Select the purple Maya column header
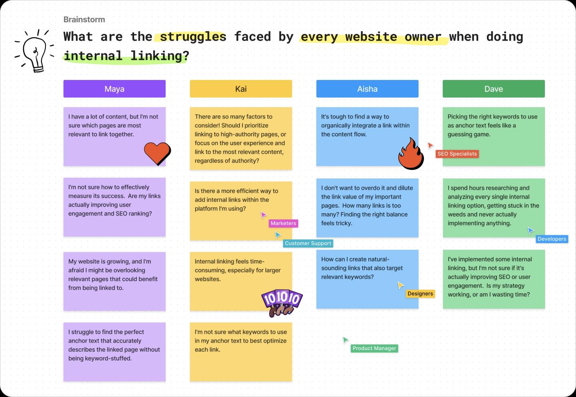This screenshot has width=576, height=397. coord(114,89)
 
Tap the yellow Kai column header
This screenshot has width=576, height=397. coord(241,89)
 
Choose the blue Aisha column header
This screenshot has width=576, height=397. coord(367,89)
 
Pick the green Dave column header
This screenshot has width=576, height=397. coord(494,89)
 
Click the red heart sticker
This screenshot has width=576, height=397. coord(157,153)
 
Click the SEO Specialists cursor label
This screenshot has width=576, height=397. coord(457,154)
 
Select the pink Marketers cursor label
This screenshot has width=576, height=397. coord(283,223)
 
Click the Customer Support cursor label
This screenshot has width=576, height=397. coord(308,243)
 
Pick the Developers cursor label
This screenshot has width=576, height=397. coord(552,239)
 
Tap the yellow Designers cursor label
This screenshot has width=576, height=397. coord(420,294)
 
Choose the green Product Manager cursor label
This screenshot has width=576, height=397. coord(374,348)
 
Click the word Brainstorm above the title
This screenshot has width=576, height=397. coord(84,20)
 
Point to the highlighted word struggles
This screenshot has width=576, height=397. coord(193,36)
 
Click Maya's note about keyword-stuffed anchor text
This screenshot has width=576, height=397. coord(114,352)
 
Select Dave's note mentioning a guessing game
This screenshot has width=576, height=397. coord(494,136)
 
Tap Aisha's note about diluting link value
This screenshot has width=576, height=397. coord(367,208)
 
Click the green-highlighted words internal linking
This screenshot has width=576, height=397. coord(126,56)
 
